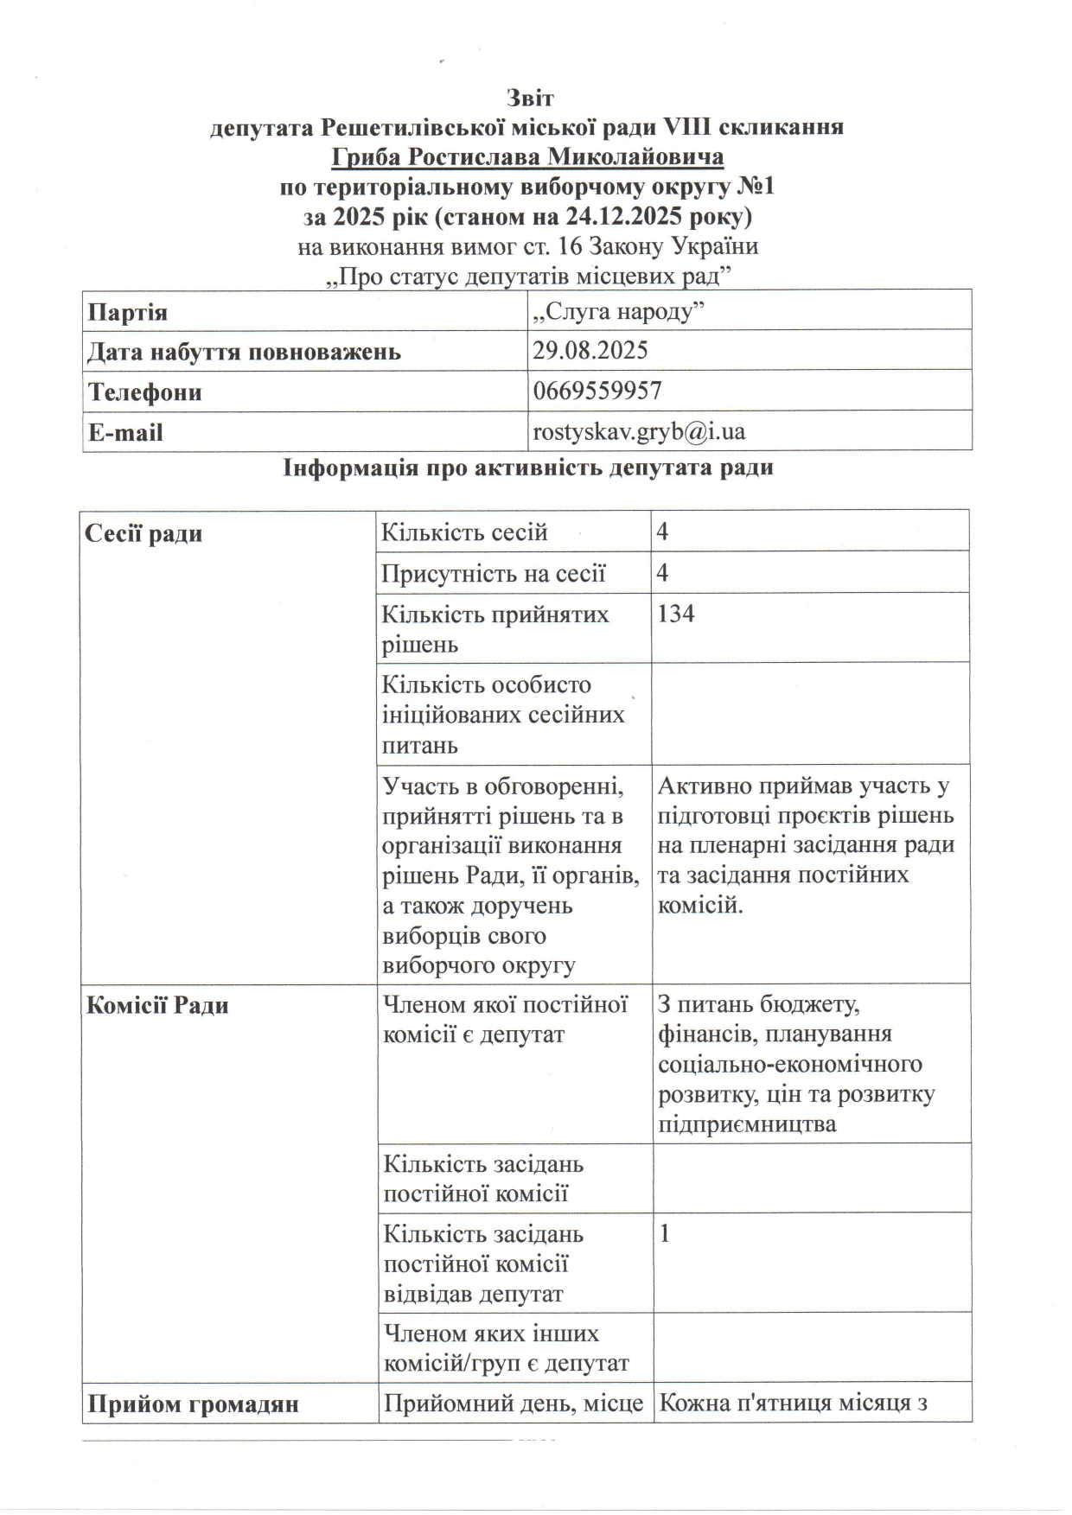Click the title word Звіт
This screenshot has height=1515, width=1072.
pyautogui.click(x=530, y=98)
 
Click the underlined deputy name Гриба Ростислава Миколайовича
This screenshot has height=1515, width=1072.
pyautogui.click(x=527, y=157)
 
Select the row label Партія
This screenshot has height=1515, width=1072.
pyautogui.click(x=128, y=311)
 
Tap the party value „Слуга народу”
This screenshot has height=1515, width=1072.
pyautogui.click(x=619, y=311)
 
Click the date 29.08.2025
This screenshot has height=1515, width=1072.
pyautogui.click(x=590, y=351)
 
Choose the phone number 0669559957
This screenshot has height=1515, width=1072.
pyautogui.click(x=597, y=391)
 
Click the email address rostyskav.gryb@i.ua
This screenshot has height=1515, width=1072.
pyautogui.click(x=639, y=431)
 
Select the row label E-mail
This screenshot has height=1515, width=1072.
pyautogui.click(x=125, y=432)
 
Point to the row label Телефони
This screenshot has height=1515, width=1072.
pyautogui.click(x=144, y=392)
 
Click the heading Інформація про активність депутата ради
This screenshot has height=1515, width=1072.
pyautogui.click(x=527, y=468)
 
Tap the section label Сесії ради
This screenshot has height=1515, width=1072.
pyautogui.click(x=144, y=533)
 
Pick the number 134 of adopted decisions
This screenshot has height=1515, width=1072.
pyautogui.click(x=676, y=614)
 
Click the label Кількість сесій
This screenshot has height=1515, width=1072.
pyautogui.click(x=465, y=532)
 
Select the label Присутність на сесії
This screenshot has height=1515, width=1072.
pyautogui.click(x=494, y=574)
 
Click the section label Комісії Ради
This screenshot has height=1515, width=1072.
pyautogui.click(x=157, y=1006)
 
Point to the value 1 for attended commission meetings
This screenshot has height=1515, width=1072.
pyautogui.click(x=664, y=1233)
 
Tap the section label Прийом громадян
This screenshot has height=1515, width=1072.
pyautogui.click(x=192, y=1404)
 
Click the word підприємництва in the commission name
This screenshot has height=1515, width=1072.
pyautogui.click(x=747, y=1124)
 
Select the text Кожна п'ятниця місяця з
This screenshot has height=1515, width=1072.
pyautogui.click(x=793, y=1404)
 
